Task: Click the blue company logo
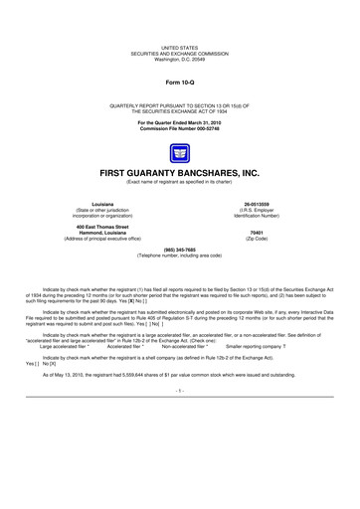tap(179, 152)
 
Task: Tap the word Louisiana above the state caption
tap(95, 203)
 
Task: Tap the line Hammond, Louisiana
tap(95, 234)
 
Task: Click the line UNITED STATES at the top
tap(179, 47)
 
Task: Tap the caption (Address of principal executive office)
tap(95, 240)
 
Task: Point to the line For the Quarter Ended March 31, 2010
tap(179, 122)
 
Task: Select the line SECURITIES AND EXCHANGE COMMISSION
tap(179, 52)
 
